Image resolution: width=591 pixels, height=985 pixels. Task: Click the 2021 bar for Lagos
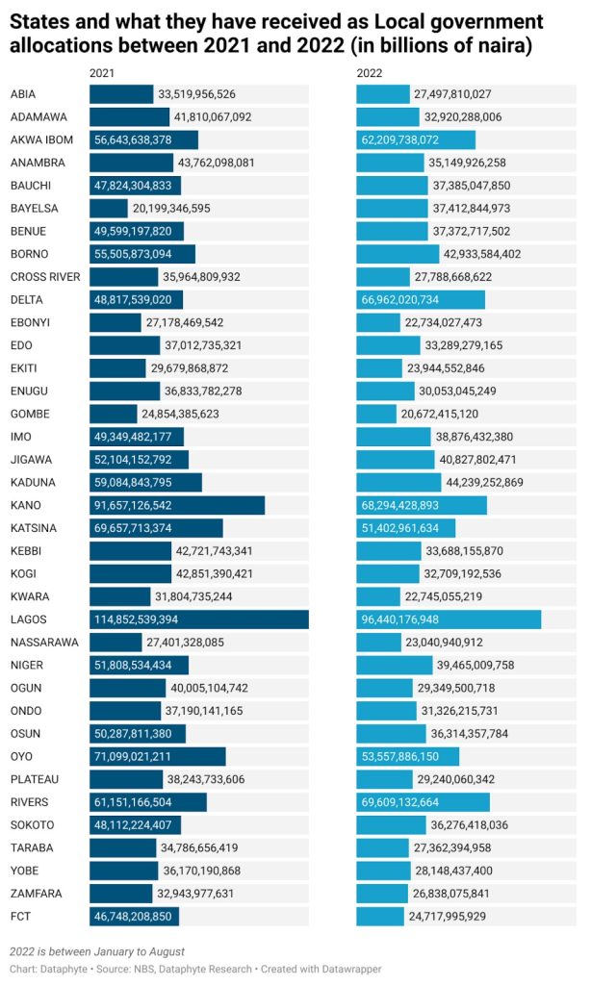click(199, 619)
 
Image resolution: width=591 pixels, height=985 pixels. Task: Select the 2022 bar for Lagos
click(449, 619)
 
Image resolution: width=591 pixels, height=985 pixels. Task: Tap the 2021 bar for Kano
click(177, 505)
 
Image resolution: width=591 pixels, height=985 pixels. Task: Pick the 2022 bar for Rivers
click(423, 801)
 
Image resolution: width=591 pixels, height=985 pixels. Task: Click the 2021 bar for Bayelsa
click(109, 208)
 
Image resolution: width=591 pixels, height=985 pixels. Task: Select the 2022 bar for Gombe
click(376, 414)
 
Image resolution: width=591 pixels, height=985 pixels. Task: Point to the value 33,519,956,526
click(197, 94)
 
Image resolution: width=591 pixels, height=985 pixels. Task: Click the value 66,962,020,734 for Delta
click(412, 299)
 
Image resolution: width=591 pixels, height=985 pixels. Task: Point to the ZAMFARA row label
click(37, 893)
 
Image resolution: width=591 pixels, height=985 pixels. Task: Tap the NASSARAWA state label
click(44, 642)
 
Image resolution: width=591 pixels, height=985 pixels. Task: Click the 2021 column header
click(101, 73)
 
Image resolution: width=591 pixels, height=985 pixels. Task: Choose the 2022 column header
click(369, 73)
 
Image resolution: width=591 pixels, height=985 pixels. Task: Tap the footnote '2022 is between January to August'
click(97, 950)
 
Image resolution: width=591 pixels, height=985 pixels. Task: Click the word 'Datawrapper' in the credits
click(347, 969)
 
